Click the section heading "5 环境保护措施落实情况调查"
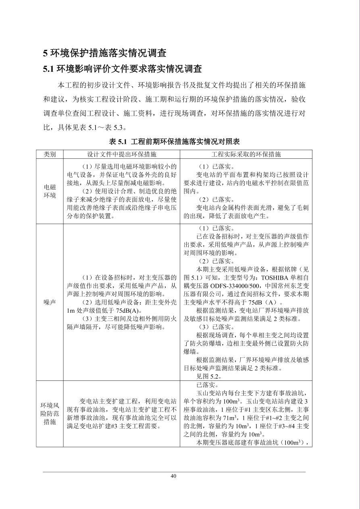click(105, 53)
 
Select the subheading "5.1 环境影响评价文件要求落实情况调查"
click(122, 69)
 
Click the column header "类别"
click(50, 154)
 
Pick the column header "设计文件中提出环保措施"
click(121, 154)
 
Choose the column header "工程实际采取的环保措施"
click(246, 154)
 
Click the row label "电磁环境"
click(50, 191)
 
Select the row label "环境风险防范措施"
click(50, 413)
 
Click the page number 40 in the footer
click(173, 476)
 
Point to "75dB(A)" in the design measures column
click(127, 310)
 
